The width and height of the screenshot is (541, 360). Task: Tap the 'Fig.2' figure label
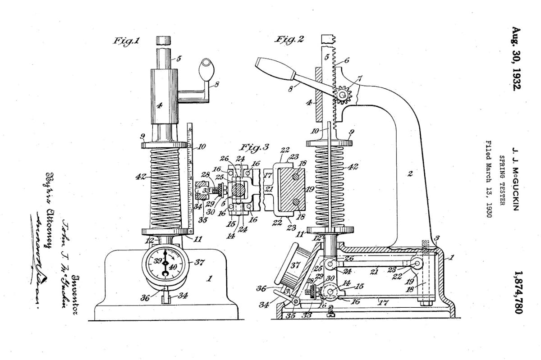(289, 39)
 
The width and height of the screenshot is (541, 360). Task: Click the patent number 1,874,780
(518, 293)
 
